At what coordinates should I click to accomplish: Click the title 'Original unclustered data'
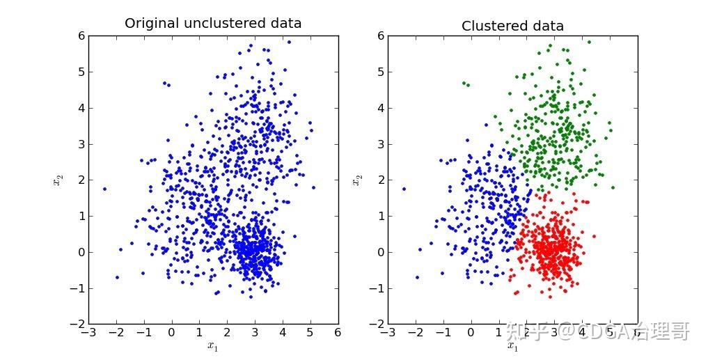click(x=213, y=23)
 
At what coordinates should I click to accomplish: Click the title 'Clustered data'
click(x=512, y=26)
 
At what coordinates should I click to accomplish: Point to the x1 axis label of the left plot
click(x=213, y=345)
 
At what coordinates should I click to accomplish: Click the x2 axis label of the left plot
click(x=58, y=180)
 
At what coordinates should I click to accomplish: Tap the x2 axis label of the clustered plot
click(x=357, y=180)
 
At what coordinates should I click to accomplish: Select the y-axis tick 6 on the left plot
click(x=79, y=36)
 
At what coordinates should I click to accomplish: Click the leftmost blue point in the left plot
click(x=104, y=189)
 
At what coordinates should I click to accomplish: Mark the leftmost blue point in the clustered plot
click(x=404, y=189)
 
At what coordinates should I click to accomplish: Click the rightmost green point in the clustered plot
click(x=613, y=187)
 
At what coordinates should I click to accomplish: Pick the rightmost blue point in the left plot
click(x=313, y=187)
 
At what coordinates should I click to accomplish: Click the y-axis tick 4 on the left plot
click(x=79, y=108)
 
